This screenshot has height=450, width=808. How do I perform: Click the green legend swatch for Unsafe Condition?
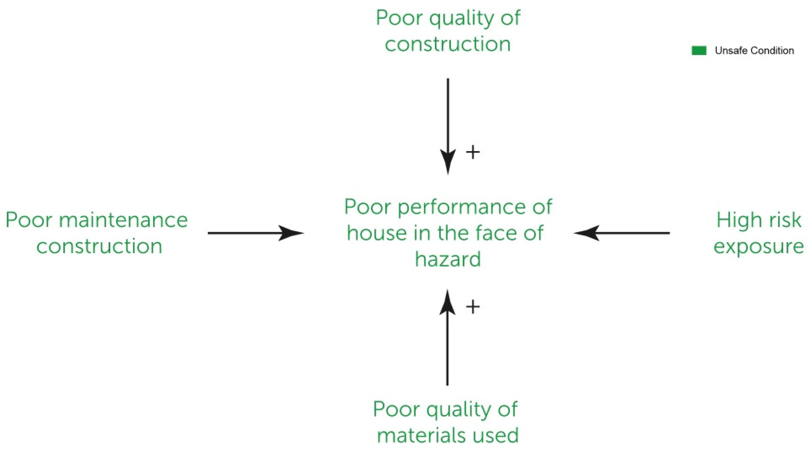pos(699,50)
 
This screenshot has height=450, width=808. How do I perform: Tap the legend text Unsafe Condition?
pos(754,50)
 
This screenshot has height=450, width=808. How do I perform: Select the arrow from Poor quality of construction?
pos(448,126)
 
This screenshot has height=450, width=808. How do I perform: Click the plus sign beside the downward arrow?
pos(473,153)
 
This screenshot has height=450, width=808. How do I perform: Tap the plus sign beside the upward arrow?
pos(473,307)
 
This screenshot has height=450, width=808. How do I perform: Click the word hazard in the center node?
pos(448,259)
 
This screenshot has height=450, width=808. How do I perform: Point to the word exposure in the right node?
pos(758,246)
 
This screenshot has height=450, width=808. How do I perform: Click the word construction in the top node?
pos(448,44)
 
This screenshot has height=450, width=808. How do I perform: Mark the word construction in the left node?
pos(99,246)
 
